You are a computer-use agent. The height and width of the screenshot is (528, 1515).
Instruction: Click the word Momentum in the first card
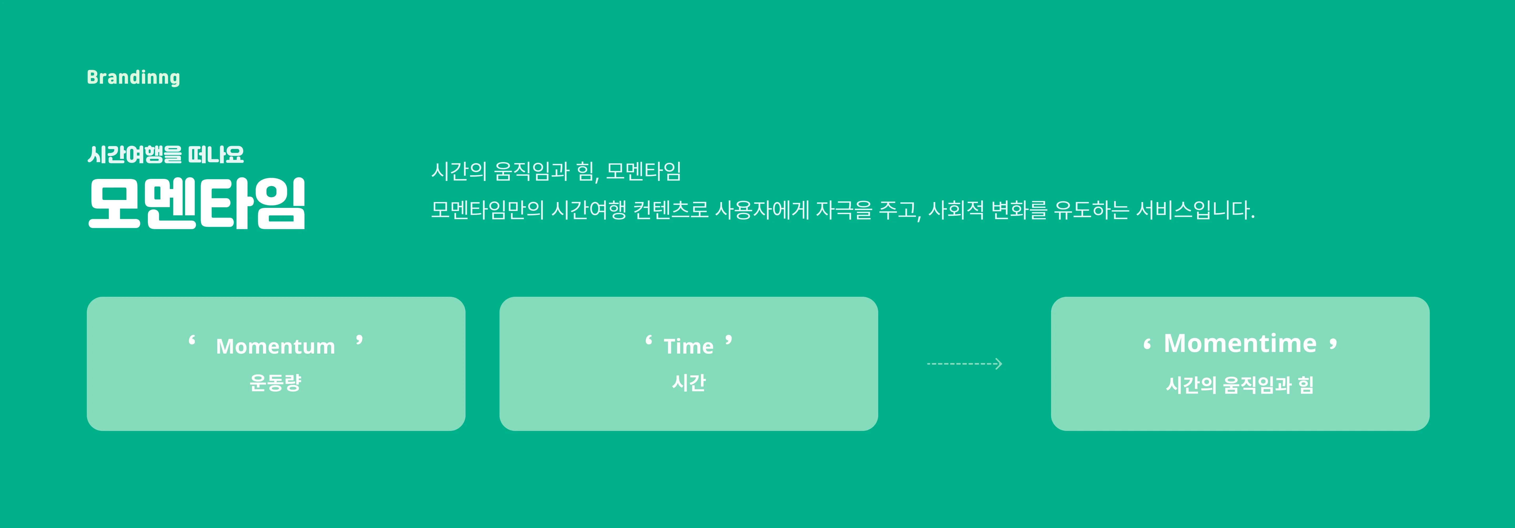click(x=275, y=346)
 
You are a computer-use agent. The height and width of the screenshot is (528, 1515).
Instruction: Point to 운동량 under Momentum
click(x=275, y=383)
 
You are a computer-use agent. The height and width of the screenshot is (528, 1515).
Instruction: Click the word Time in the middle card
click(x=689, y=346)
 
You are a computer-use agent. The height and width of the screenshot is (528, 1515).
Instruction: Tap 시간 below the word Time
click(x=689, y=383)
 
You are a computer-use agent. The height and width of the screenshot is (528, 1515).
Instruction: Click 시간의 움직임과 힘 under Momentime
click(x=1240, y=385)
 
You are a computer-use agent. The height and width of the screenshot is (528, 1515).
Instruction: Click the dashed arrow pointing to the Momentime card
click(x=964, y=364)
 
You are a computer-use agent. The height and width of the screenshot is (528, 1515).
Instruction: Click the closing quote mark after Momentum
click(x=359, y=340)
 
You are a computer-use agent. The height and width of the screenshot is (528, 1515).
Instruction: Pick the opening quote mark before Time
click(x=649, y=340)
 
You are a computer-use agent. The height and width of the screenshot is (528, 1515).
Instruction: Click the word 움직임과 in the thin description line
click(x=532, y=171)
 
